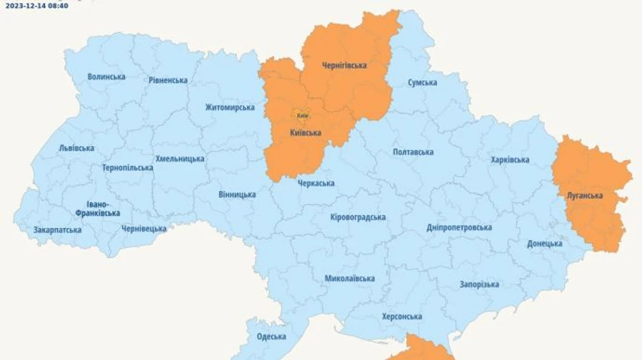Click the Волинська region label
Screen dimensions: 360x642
(106, 77)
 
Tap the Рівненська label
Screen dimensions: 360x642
(168, 81)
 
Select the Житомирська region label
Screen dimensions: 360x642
(230, 108)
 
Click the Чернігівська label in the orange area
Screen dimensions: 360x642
(344, 66)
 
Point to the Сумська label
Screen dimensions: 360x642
(422, 83)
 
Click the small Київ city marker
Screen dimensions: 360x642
(302, 115)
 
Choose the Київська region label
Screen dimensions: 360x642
(305, 133)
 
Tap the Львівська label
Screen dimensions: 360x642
(76, 148)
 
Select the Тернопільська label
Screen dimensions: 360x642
(128, 168)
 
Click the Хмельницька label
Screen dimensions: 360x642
(180, 159)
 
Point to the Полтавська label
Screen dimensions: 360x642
(413, 153)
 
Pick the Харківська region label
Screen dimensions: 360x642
(510, 160)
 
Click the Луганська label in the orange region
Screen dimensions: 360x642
(585, 196)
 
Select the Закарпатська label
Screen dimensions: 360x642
(58, 230)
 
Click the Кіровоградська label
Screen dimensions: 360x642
(358, 217)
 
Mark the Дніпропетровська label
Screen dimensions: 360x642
(459, 227)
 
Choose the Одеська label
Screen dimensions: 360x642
(271, 337)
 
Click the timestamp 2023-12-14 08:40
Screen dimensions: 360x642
(37, 6)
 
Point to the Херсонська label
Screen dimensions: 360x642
(402, 317)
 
